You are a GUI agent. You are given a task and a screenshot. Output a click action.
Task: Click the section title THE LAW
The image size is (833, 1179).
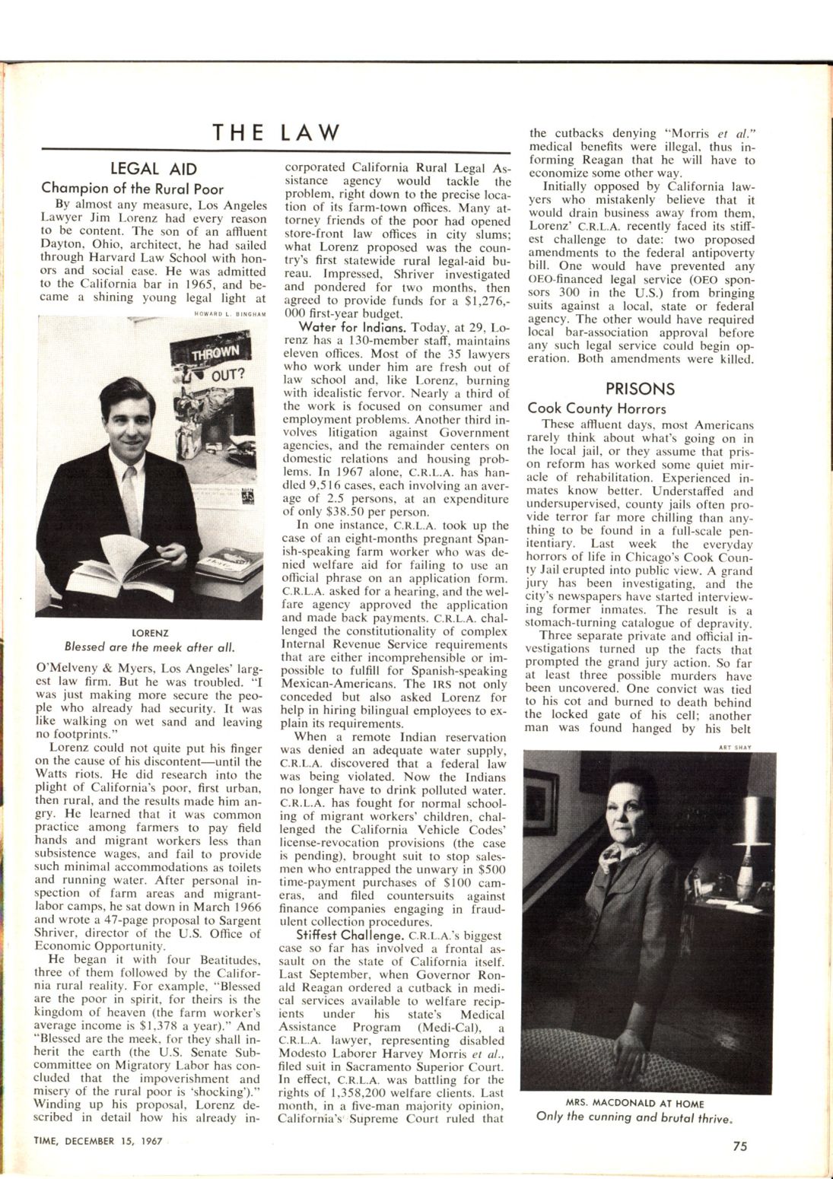(x=276, y=132)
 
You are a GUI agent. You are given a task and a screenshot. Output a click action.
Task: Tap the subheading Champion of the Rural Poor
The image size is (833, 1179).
(x=132, y=187)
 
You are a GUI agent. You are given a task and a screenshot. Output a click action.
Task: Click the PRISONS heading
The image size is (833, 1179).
(x=640, y=389)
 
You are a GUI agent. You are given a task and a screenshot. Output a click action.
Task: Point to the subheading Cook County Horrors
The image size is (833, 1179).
(x=596, y=408)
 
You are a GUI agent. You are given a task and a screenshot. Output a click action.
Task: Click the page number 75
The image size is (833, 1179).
(x=739, y=1147)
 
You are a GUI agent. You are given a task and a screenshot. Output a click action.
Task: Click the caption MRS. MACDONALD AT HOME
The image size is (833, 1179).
(x=635, y=1103)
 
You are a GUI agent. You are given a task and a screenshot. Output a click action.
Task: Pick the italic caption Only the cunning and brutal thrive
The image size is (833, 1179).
(x=635, y=1117)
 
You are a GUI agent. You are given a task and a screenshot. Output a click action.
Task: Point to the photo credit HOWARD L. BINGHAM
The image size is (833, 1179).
(x=228, y=312)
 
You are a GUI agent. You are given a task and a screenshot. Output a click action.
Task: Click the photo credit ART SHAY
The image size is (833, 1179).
(x=734, y=747)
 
